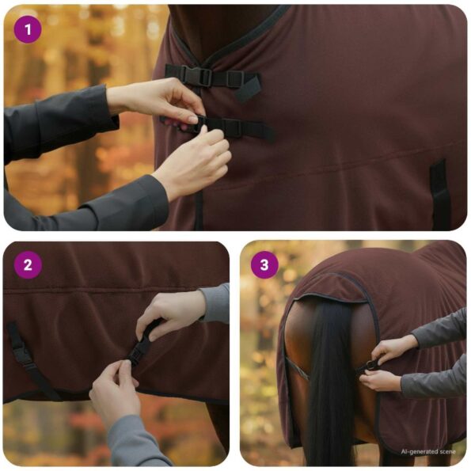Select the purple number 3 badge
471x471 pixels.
click(264, 265)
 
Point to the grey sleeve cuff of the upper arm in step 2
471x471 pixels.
click(214, 304)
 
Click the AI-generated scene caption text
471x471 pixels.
click(428, 451)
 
